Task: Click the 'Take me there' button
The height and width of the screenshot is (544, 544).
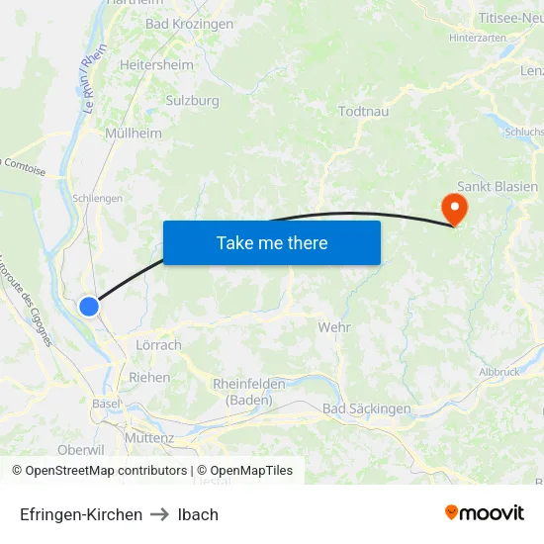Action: [272, 242]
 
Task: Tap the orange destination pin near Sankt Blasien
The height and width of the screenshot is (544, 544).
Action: [455, 210]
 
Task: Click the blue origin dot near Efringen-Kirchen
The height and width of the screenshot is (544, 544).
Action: [89, 307]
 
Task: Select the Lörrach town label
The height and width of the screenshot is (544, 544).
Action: [157, 345]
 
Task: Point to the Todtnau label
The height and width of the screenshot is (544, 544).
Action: [363, 111]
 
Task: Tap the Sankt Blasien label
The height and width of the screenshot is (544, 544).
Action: [498, 186]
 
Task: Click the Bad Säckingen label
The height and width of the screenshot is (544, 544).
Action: [366, 408]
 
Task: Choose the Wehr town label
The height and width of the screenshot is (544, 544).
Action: [334, 326]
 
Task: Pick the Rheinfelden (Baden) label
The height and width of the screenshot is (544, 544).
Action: [248, 392]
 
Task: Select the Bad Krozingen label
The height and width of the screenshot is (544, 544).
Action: [189, 24]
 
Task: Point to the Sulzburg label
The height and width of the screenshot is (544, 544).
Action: [192, 100]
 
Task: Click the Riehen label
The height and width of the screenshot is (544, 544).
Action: [149, 377]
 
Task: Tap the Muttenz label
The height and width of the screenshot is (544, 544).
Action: [149, 437]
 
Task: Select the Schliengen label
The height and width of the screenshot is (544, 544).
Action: [97, 198]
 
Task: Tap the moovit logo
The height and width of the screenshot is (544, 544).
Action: [484, 513]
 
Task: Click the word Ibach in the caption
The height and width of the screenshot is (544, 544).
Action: [198, 514]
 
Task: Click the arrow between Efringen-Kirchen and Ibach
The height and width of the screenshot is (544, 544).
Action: [160, 514]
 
